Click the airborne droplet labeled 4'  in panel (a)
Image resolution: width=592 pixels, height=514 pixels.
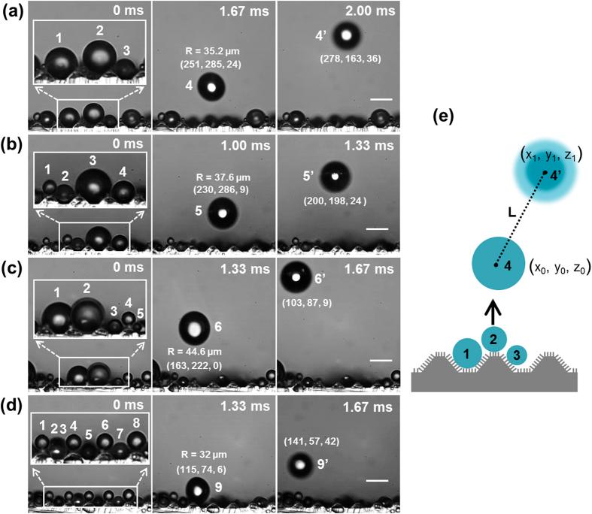347,34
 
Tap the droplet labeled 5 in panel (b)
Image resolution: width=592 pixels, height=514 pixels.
222,213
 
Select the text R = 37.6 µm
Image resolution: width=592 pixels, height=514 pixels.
211,180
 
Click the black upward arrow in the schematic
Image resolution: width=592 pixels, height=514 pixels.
493,309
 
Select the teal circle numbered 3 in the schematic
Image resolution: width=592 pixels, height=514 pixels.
517,354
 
